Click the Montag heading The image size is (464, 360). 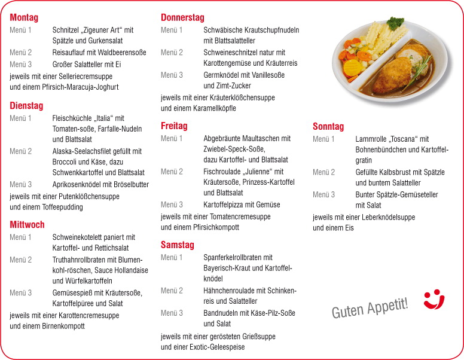click(24, 17)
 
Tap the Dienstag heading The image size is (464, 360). click(26, 106)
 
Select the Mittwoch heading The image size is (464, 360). click(27, 225)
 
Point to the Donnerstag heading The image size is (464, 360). click(182, 17)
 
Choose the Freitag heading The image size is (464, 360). click(174, 126)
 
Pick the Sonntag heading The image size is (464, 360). click(328, 127)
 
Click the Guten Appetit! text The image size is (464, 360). click(371, 307)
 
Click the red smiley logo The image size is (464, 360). click(434, 300)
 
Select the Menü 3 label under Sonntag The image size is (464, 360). click(323, 194)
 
